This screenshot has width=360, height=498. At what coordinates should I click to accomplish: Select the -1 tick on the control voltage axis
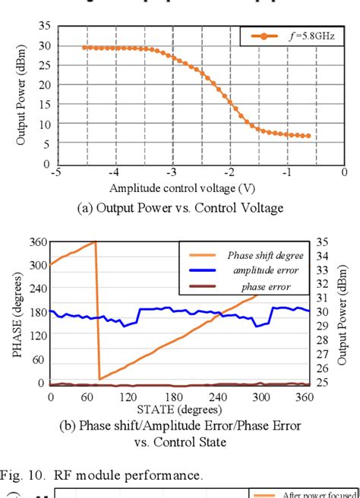(287, 173)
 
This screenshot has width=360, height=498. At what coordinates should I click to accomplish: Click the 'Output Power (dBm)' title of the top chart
(21, 96)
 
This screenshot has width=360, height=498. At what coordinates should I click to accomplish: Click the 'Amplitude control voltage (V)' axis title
(181, 188)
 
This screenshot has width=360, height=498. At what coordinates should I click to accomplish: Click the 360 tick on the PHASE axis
(38, 242)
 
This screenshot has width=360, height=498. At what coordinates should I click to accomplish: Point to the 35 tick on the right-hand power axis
(323, 242)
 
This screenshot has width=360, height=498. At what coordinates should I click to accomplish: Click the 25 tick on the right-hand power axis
(323, 383)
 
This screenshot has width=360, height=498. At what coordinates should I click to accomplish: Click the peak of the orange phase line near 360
(96, 241)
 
